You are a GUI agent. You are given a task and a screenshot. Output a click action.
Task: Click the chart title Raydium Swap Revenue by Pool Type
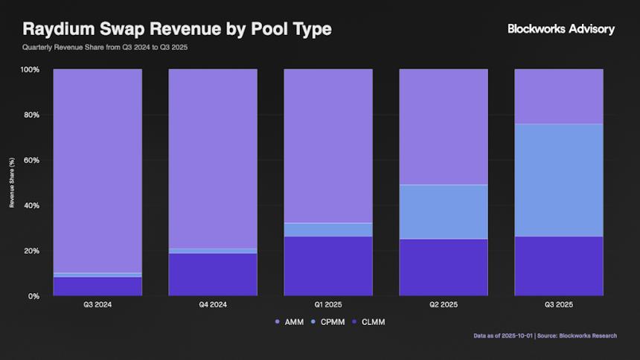click(x=177, y=29)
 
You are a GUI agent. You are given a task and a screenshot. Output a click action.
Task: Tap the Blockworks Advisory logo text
click(x=561, y=29)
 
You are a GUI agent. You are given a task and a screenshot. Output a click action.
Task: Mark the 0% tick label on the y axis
click(x=34, y=296)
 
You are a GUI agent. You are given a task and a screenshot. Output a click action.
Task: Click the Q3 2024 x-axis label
click(x=97, y=305)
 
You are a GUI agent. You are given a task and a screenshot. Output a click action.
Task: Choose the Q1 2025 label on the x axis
click(x=327, y=305)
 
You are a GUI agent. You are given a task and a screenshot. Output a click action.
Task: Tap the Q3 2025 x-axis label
click(x=559, y=305)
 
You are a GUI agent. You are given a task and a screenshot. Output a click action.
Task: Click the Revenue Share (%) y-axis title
click(x=12, y=182)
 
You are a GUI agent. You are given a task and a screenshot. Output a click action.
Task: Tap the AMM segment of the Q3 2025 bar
click(x=559, y=97)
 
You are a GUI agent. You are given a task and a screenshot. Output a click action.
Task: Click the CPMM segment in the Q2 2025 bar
click(x=444, y=212)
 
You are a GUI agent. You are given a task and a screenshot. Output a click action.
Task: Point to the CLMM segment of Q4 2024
click(x=213, y=274)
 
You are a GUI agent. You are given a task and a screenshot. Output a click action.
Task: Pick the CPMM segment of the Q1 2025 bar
click(x=328, y=230)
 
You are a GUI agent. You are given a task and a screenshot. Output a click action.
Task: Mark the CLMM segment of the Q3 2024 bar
click(x=97, y=286)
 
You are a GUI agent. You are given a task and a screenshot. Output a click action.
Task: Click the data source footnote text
click(x=545, y=335)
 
